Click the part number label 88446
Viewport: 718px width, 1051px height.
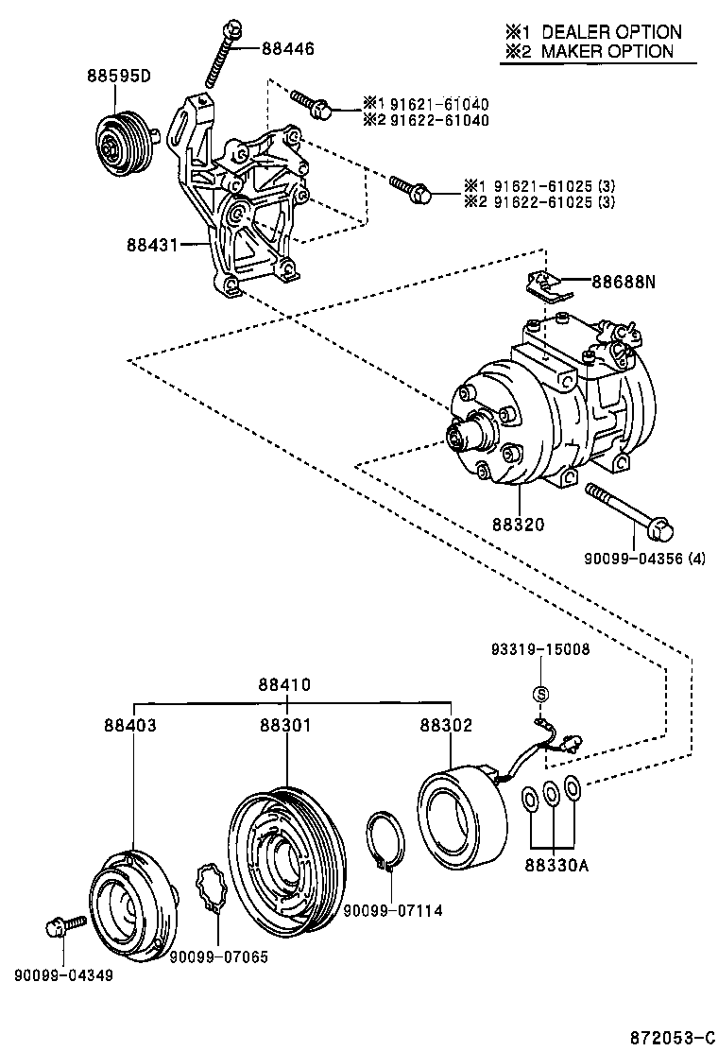[288, 48]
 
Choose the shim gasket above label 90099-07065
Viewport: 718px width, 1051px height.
[213, 888]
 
